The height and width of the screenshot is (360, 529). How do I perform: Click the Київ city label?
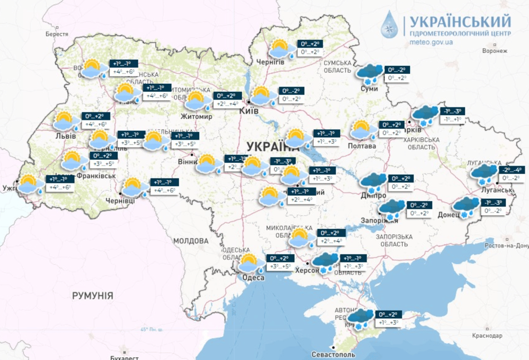tap(249, 111)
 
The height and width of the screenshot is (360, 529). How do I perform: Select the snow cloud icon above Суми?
tap(370, 74)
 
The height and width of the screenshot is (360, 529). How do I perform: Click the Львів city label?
tap(63, 135)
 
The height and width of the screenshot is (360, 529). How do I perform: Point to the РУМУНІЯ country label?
tap(92, 296)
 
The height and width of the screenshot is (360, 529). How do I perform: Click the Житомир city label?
tap(197, 116)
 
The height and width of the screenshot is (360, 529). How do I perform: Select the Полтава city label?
tap(362, 146)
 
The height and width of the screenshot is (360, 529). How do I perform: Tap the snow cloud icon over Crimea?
tap(360, 318)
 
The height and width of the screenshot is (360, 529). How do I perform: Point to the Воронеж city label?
tap(495, 51)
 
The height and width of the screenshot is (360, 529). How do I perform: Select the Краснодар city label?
tap(487, 336)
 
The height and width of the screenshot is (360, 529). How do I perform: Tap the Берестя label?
tap(57, 34)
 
